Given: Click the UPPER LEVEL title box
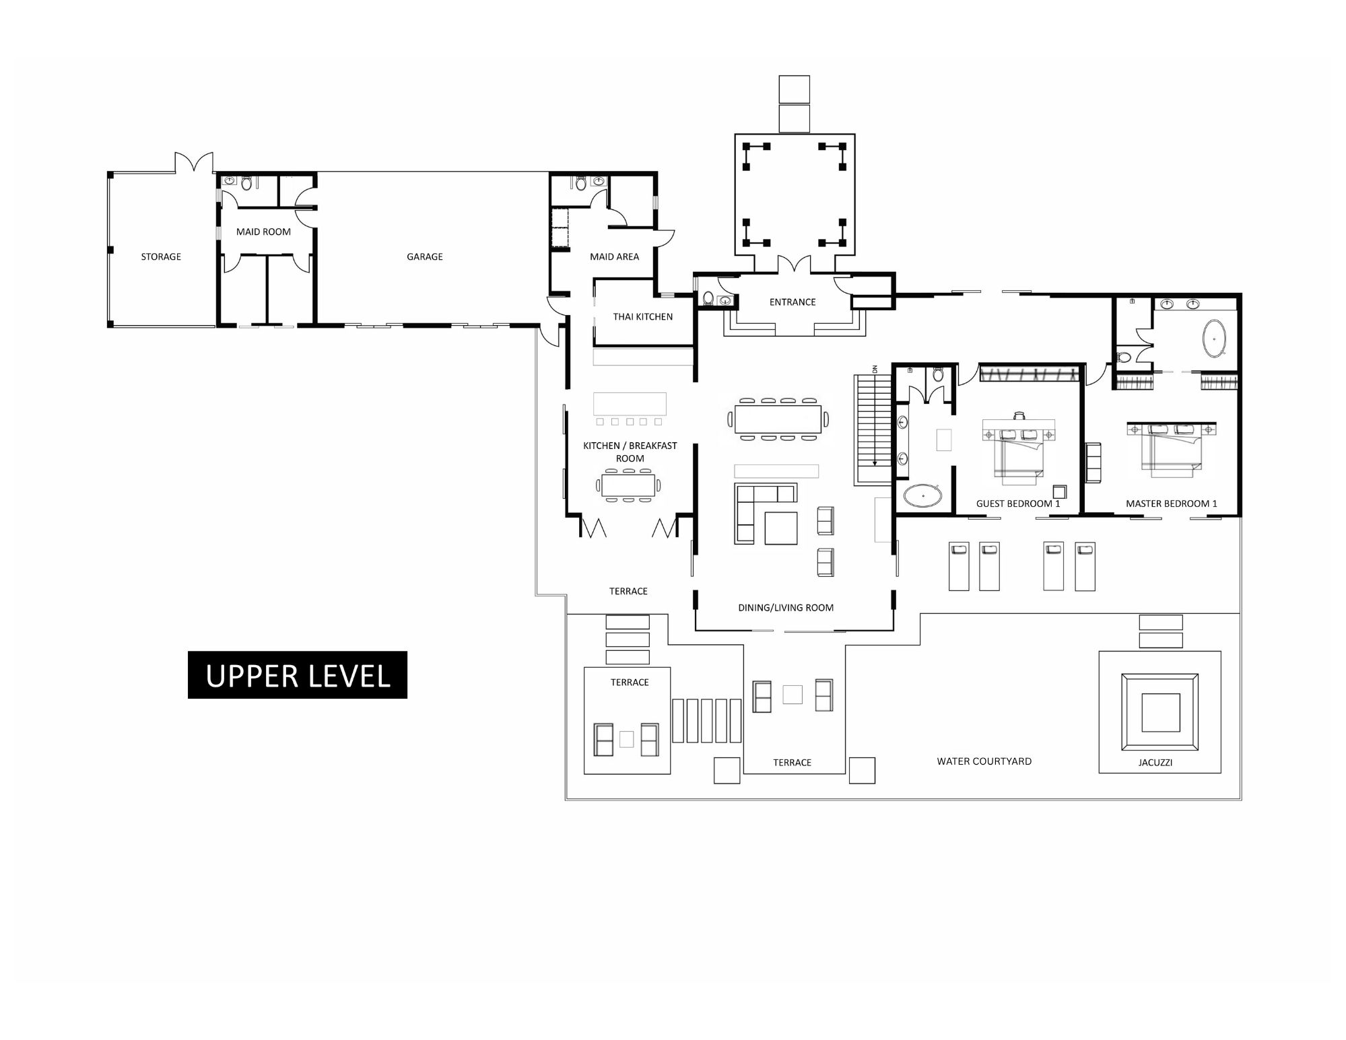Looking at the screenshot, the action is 297,674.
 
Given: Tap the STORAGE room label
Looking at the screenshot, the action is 161,256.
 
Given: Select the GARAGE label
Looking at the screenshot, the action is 425,256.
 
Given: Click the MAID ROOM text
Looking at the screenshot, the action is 263,232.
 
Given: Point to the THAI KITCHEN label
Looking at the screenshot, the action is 642,316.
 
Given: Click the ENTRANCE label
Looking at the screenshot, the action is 793,302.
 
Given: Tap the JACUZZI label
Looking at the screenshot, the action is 1155,763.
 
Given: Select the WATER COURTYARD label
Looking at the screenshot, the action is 984,761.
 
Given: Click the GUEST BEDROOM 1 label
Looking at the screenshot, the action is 1018,504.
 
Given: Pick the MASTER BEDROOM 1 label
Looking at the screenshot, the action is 1172,504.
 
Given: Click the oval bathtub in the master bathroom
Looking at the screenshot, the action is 1214,338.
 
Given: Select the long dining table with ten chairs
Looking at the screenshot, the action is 778,419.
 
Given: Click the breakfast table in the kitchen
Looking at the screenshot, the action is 628,485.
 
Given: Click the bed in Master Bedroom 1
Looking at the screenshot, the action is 1172,449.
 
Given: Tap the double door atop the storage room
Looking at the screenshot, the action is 194,162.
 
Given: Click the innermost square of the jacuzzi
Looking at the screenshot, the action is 1160,712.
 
